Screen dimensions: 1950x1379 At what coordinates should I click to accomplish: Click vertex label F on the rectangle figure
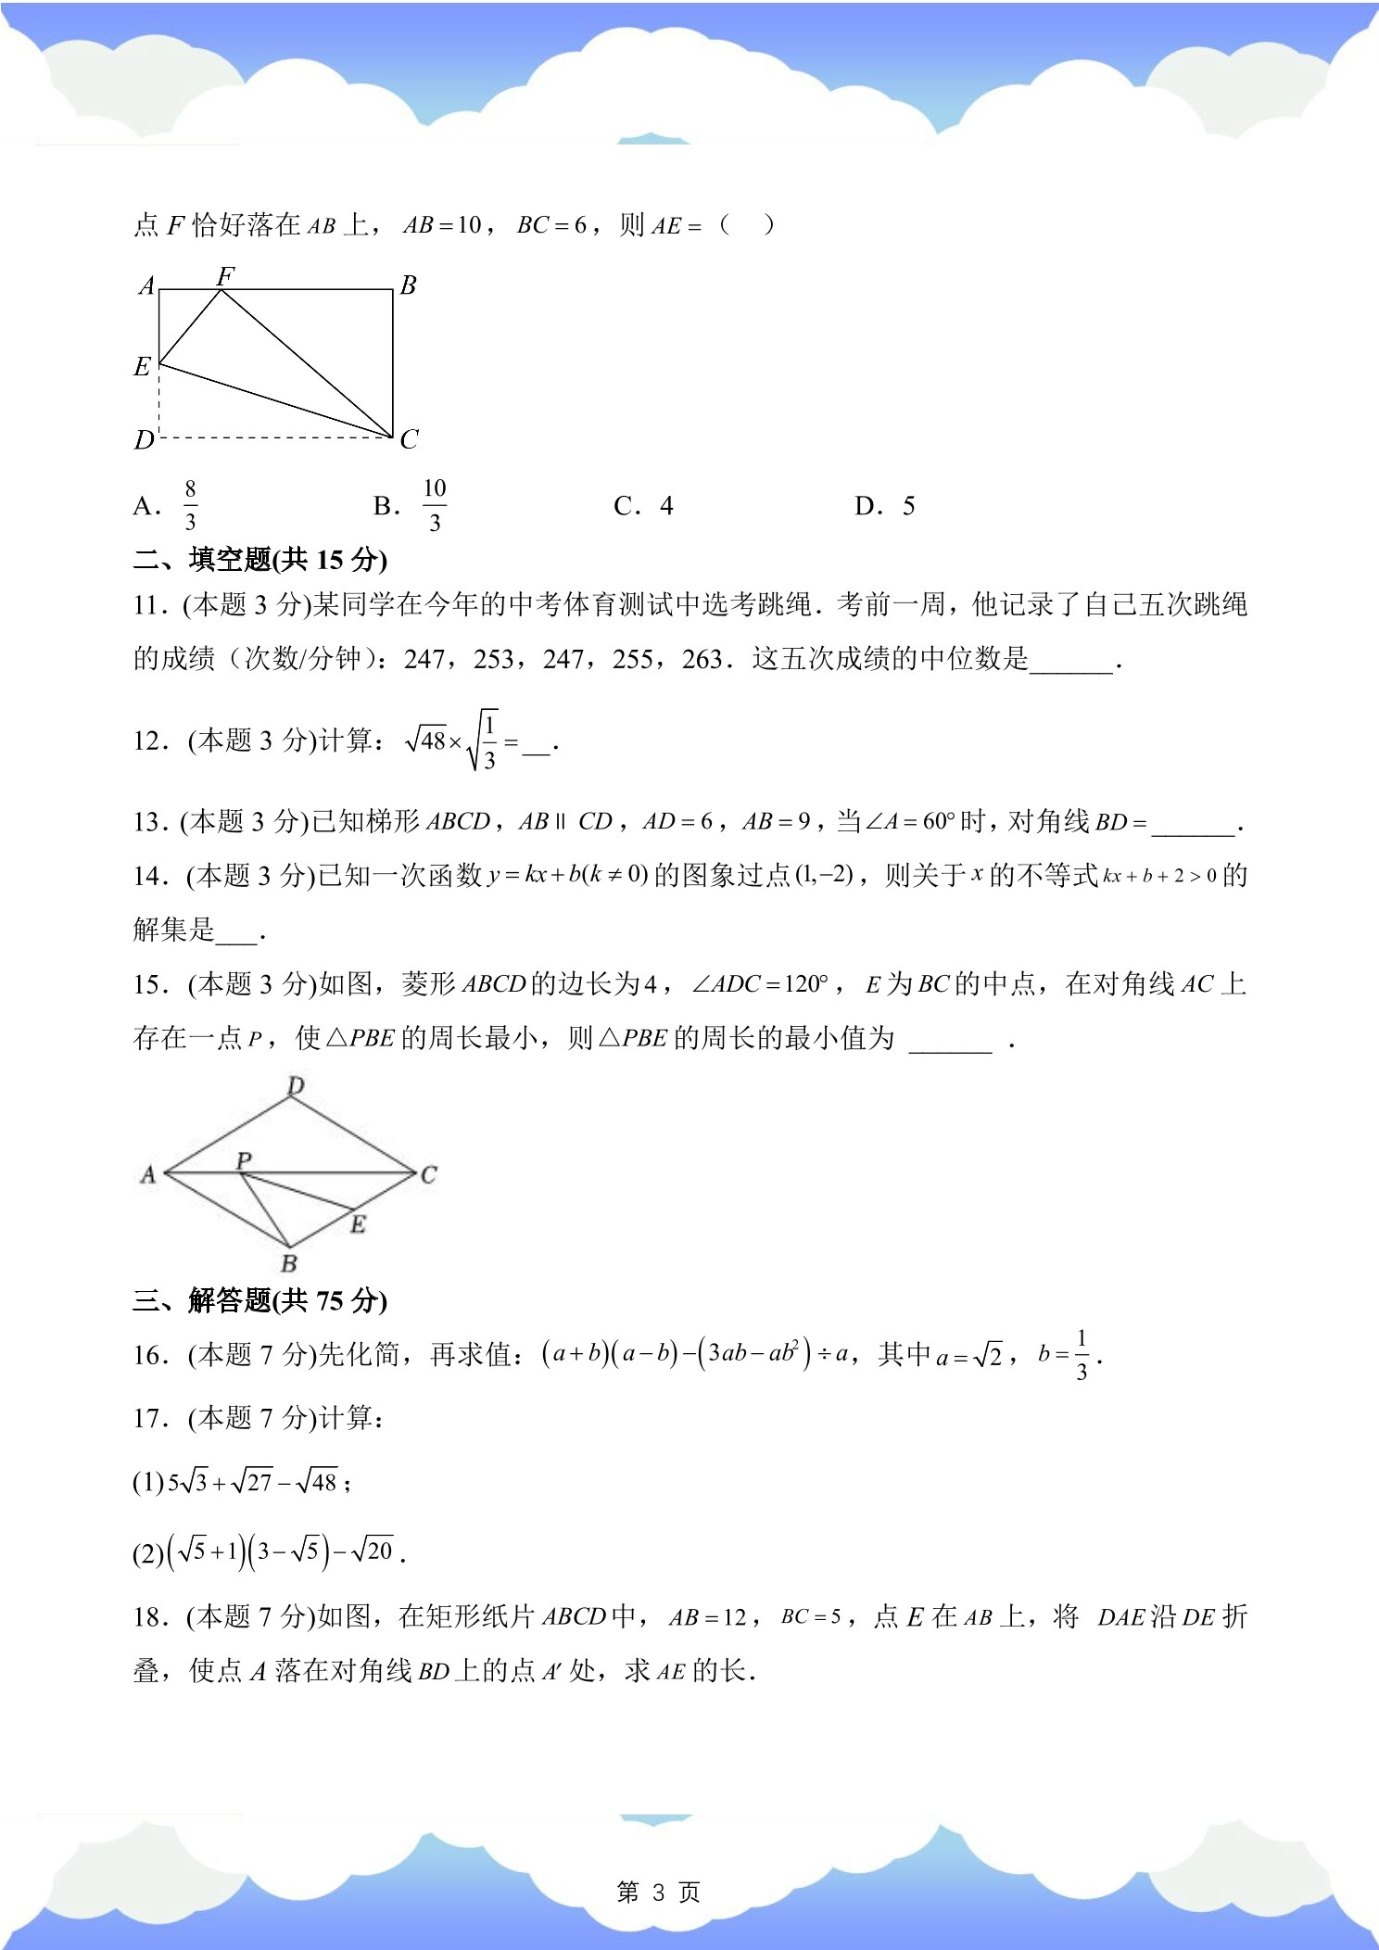click(225, 275)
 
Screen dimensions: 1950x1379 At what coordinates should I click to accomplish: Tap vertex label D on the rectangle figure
click(144, 439)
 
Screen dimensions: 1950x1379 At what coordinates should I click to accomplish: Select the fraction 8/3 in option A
click(190, 505)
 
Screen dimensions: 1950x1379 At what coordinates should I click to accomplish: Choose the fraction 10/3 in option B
click(435, 505)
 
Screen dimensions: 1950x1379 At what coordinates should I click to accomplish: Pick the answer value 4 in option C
click(666, 506)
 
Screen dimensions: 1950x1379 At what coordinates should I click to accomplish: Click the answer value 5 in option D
click(908, 506)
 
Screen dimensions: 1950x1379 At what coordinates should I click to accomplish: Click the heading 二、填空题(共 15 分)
click(259, 560)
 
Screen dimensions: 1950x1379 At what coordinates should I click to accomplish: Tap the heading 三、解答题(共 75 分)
click(259, 1300)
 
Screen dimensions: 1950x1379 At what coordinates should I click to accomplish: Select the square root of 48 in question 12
click(426, 741)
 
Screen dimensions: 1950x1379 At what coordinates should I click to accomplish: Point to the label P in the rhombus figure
click(244, 1159)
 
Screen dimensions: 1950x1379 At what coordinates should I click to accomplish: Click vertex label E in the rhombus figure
click(358, 1224)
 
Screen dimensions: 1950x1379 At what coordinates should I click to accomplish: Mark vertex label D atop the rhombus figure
click(296, 1085)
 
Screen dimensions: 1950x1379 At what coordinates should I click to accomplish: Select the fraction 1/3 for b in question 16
click(1081, 1355)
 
